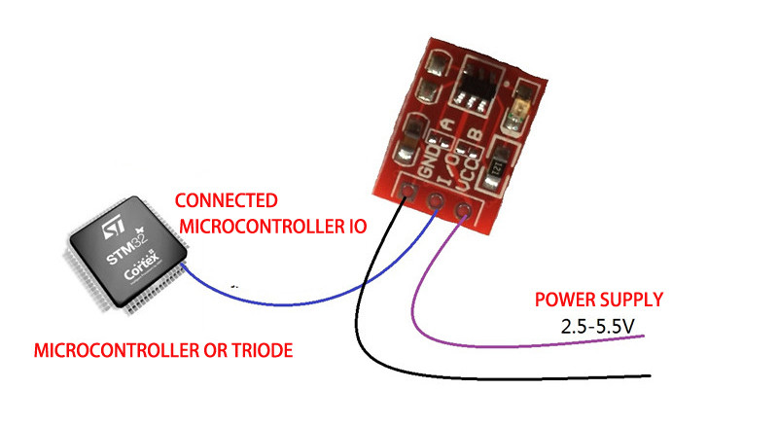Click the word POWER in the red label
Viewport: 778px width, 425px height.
[x=564, y=299]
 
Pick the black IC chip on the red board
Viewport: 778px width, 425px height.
[x=477, y=85]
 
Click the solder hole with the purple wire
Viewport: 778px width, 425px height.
[x=462, y=208]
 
